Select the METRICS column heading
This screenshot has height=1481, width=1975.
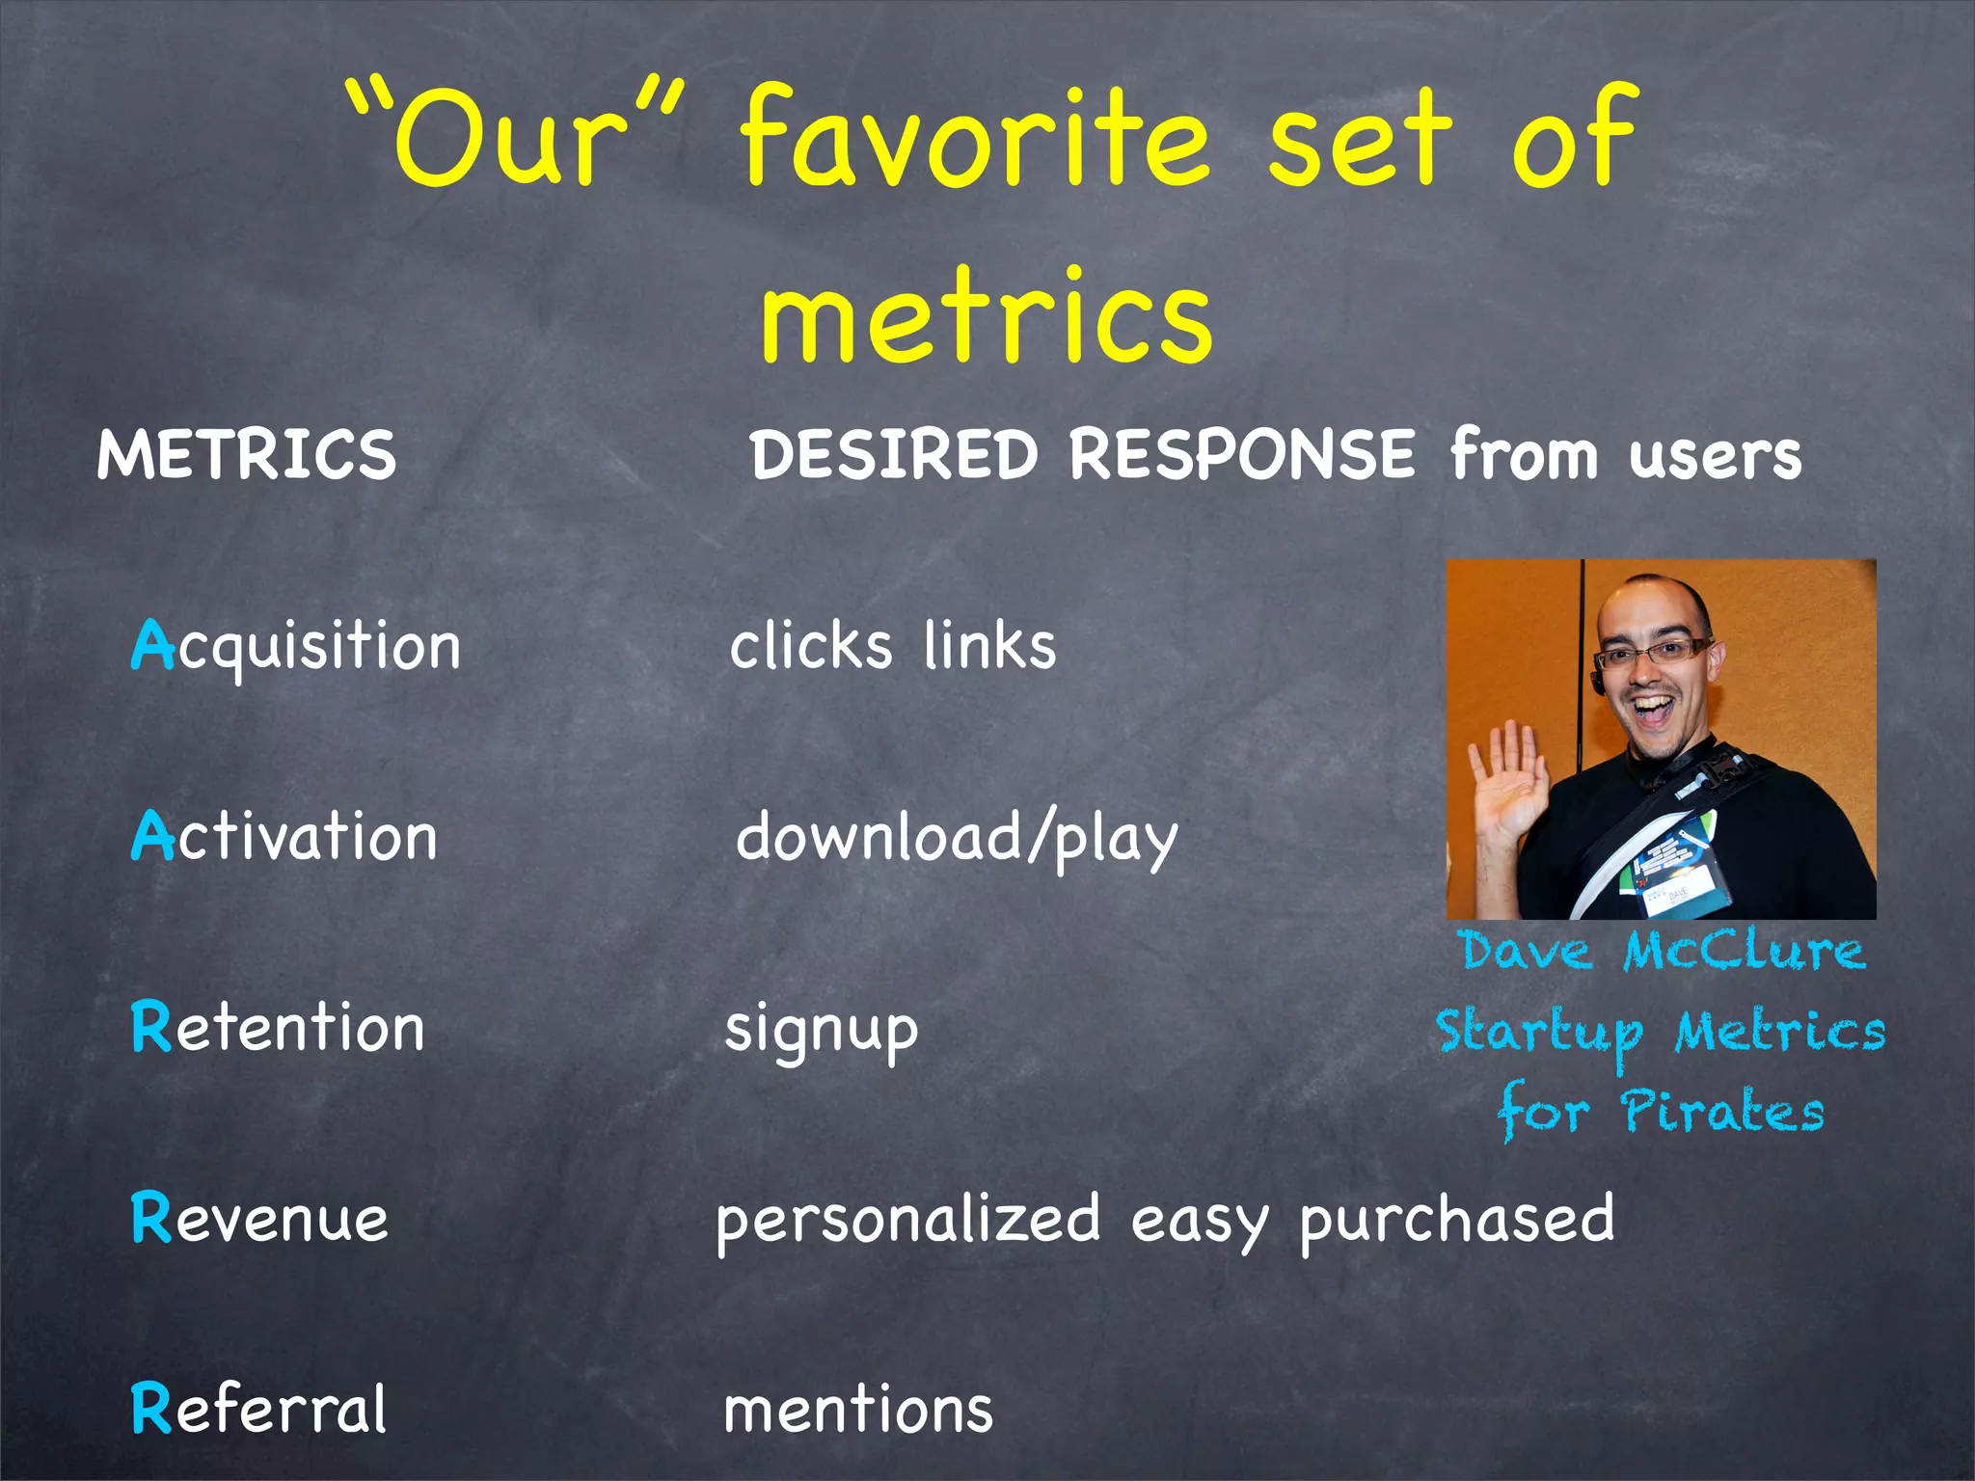click(x=247, y=454)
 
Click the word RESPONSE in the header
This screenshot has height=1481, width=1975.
click(x=1242, y=454)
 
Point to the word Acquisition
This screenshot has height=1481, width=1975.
click(x=296, y=646)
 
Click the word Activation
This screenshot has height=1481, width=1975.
click(x=284, y=836)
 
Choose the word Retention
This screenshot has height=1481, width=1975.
click(x=278, y=1027)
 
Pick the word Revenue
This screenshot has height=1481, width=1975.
click(x=260, y=1218)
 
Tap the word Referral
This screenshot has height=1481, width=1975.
click(x=258, y=1409)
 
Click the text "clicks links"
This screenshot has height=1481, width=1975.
click(x=893, y=646)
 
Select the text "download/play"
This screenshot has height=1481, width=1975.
click(x=957, y=837)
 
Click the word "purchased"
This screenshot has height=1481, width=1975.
click(x=1456, y=1220)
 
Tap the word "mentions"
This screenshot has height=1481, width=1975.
click(x=858, y=1410)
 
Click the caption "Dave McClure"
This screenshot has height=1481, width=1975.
click(x=1662, y=951)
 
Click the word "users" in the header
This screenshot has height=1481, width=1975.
click(x=1715, y=456)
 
